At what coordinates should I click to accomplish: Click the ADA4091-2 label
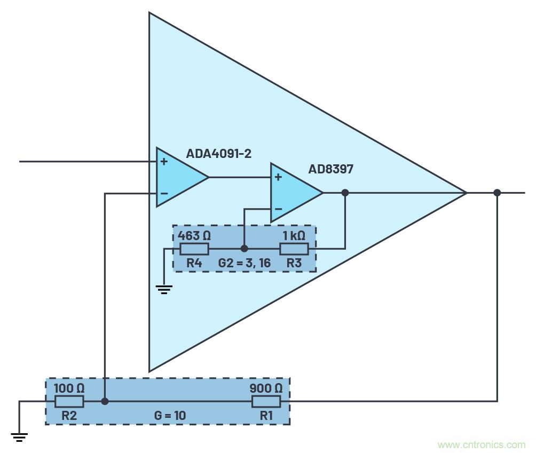tap(218, 154)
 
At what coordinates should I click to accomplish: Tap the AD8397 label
tap(330, 169)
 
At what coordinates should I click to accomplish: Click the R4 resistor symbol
tap(194, 249)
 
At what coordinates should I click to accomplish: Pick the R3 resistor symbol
tap(294, 249)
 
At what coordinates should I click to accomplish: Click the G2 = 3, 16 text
tap(244, 263)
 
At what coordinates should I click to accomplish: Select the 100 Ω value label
tap(69, 388)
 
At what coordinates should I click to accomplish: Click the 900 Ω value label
tap(266, 388)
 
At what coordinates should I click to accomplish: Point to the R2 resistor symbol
tap(69, 401)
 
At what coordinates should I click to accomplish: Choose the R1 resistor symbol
tap(266, 401)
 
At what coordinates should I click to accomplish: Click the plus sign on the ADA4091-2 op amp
tap(163, 161)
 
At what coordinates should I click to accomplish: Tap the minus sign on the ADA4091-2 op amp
tap(163, 193)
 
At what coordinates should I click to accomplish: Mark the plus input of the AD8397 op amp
tap(278, 177)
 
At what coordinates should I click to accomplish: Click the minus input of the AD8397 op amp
tap(278, 209)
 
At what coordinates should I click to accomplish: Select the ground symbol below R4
tap(164, 289)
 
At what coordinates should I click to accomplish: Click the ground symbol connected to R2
tap(19, 437)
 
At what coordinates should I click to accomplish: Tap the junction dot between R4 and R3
tap(244, 249)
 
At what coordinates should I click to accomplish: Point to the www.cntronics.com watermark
tap(481, 444)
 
